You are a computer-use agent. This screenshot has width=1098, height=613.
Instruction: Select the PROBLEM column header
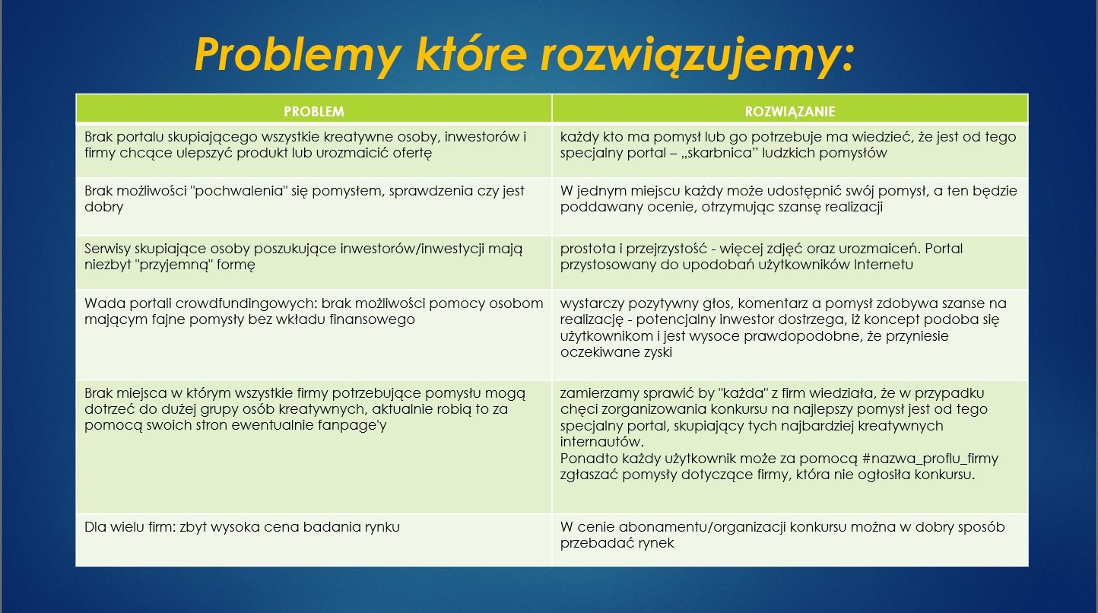[313, 111]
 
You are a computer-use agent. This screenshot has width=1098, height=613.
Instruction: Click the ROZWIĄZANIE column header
[790, 111]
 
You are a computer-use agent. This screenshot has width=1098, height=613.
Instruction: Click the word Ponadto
[587, 459]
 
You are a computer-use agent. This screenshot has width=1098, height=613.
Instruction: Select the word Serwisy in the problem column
[108, 249]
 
